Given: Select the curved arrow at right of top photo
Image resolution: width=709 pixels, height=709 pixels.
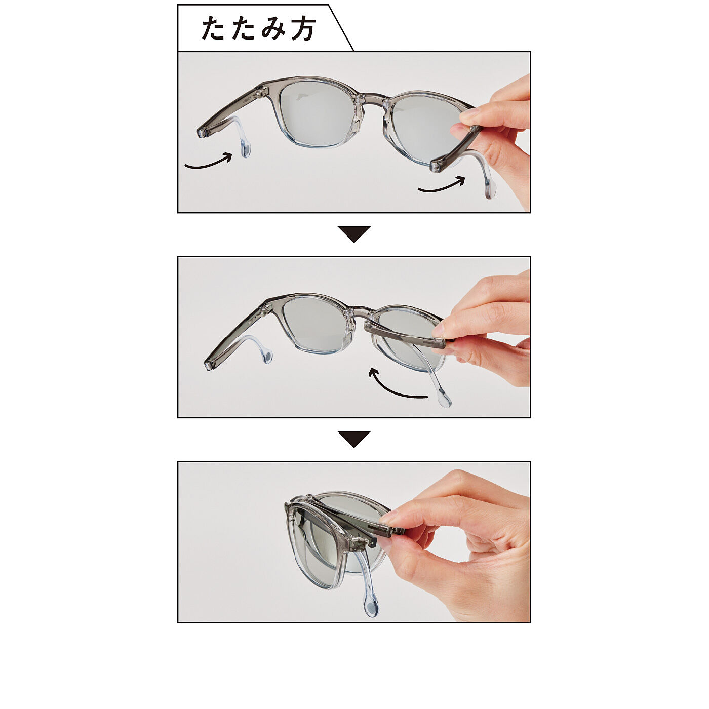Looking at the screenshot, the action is (x=441, y=185).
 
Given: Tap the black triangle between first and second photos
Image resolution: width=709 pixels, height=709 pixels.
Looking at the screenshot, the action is (x=354, y=234).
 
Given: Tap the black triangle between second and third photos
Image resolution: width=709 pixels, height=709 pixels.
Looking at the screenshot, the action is (x=354, y=439).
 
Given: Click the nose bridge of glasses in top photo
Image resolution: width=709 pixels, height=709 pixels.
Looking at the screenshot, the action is (x=372, y=100).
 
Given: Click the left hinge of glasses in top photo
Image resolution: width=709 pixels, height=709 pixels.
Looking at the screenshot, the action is (x=262, y=93).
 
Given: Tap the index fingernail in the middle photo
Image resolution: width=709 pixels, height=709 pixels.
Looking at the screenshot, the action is (x=439, y=330).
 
